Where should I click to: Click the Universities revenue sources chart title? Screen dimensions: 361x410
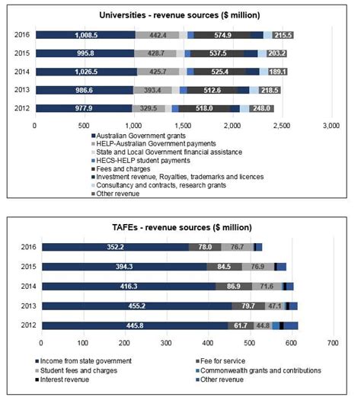click(180, 15)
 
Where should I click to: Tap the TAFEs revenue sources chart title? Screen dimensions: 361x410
click(182, 227)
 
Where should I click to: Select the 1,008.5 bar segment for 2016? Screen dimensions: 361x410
click(85, 35)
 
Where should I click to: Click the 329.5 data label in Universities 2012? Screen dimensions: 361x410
click(149, 108)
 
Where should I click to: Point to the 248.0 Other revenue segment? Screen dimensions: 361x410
click(262, 108)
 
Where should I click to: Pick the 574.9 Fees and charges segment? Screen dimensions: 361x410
click(222, 35)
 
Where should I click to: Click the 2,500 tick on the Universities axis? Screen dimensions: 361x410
click(282, 126)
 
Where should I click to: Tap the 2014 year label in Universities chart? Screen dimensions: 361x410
click(22, 72)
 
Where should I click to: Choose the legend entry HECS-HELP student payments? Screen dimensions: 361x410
click(141, 160)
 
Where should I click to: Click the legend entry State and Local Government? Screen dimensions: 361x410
click(167, 152)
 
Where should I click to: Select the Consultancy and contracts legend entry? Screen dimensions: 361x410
click(158, 185)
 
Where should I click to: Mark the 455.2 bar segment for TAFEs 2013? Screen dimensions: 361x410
click(137, 306)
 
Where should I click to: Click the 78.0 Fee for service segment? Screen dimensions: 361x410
click(205, 247)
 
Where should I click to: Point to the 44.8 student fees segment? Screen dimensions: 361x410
click(263, 325)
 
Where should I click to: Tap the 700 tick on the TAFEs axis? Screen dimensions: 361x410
click(333, 343)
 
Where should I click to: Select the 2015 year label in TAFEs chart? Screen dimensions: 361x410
click(28, 267)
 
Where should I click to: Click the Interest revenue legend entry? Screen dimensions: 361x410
click(62, 380)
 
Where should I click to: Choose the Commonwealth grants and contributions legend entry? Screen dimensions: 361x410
click(258, 370)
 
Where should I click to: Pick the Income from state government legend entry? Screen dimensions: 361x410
click(83, 361)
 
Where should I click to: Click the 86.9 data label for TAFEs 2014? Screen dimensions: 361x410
click(234, 287)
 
